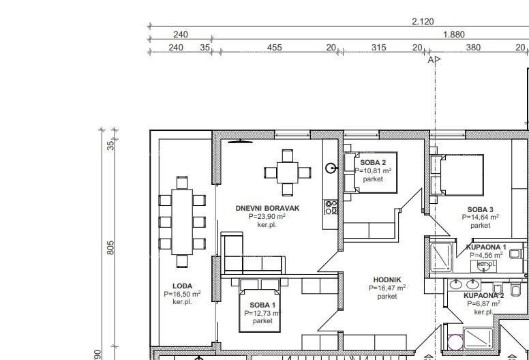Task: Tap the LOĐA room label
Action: (x=182, y=286)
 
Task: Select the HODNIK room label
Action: (x=387, y=280)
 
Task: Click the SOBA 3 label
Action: (x=480, y=209)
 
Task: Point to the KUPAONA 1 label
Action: (x=485, y=247)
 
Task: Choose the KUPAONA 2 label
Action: (x=483, y=295)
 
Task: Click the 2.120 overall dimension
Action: (x=422, y=22)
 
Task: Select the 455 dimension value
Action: (x=274, y=48)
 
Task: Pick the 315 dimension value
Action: (x=378, y=48)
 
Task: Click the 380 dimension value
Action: (x=472, y=48)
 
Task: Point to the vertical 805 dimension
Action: (x=110, y=247)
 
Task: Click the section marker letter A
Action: (x=431, y=60)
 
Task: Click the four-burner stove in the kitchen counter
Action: (x=331, y=207)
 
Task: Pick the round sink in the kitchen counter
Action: (x=331, y=168)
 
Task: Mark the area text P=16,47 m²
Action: (x=387, y=288)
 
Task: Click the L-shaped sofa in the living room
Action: (x=245, y=258)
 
